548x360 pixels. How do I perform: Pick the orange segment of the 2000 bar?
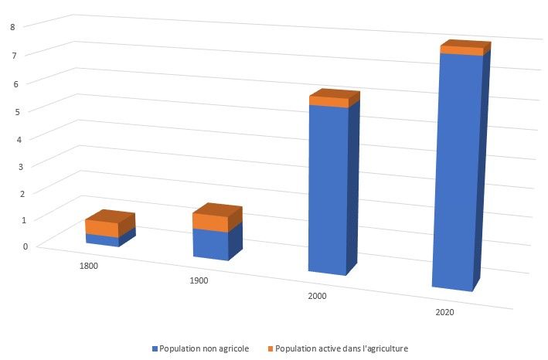pyautogui.click(x=328, y=102)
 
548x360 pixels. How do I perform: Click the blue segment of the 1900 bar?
pyautogui.click(x=210, y=244)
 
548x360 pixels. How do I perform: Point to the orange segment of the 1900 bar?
pyautogui.click(x=210, y=222)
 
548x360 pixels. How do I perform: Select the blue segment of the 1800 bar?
pyautogui.click(x=102, y=240)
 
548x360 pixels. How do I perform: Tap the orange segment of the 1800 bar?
pyautogui.click(x=102, y=228)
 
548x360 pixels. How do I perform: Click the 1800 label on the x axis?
pyautogui.click(x=88, y=265)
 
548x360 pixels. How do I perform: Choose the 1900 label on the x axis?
pyautogui.click(x=199, y=280)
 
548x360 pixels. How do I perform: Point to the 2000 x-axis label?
pyautogui.click(x=316, y=296)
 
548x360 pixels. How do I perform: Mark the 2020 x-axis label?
pyautogui.click(x=444, y=313)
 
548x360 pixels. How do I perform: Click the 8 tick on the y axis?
pyautogui.click(x=25, y=27)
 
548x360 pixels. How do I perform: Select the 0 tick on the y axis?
pyautogui.click(x=25, y=246)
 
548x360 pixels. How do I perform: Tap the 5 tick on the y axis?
pyautogui.click(x=25, y=110)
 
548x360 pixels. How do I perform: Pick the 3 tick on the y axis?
pyautogui.click(x=25, y=165)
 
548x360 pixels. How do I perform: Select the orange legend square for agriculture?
pyautogui.click(x=269, y=348)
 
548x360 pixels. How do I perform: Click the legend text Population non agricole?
pyautogui.click(x=203, y=348)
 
